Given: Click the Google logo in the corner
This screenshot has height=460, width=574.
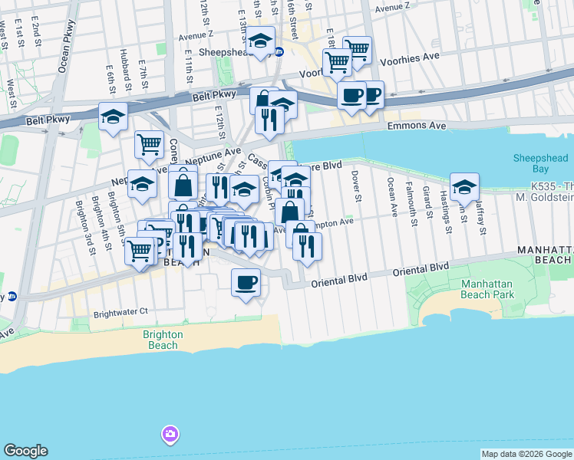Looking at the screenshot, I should click(25, 451).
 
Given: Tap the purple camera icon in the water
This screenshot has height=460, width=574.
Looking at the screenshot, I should click(170, 435).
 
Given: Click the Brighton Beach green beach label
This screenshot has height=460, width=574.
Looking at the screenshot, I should click(162, 340).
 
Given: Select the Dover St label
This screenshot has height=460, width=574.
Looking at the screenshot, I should click(356, 187).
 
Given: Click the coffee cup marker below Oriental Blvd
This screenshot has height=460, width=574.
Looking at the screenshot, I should click(246, 283).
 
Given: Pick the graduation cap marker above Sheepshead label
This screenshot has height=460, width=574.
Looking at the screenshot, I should click(261, 41).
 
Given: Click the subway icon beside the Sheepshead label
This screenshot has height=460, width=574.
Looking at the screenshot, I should click(279, 52).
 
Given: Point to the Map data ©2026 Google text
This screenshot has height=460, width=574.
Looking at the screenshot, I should click(526, 454).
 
